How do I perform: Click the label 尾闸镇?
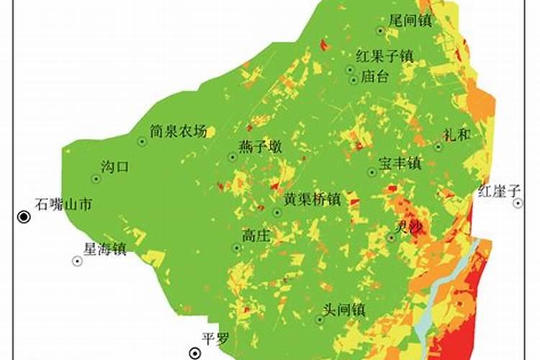[x=409, y=22]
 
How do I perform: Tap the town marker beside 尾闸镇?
[x=381, y=31]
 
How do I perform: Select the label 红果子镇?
[x=384, y=55]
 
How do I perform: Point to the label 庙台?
[x=374, y=76]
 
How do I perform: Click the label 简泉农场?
[x=178, y=132]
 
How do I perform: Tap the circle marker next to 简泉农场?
[x=142, y=142]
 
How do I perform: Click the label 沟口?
[x=114, y=168]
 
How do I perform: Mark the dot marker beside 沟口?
[x=96, y=179]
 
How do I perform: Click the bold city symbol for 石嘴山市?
[x=24, y=217]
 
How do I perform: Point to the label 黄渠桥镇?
[x=312, y=200]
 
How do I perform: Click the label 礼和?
[x=457, y=134]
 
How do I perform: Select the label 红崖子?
[x=498, y=191]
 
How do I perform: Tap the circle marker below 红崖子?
[x=518, y=204]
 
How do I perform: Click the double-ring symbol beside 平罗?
[x=195, y=353]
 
